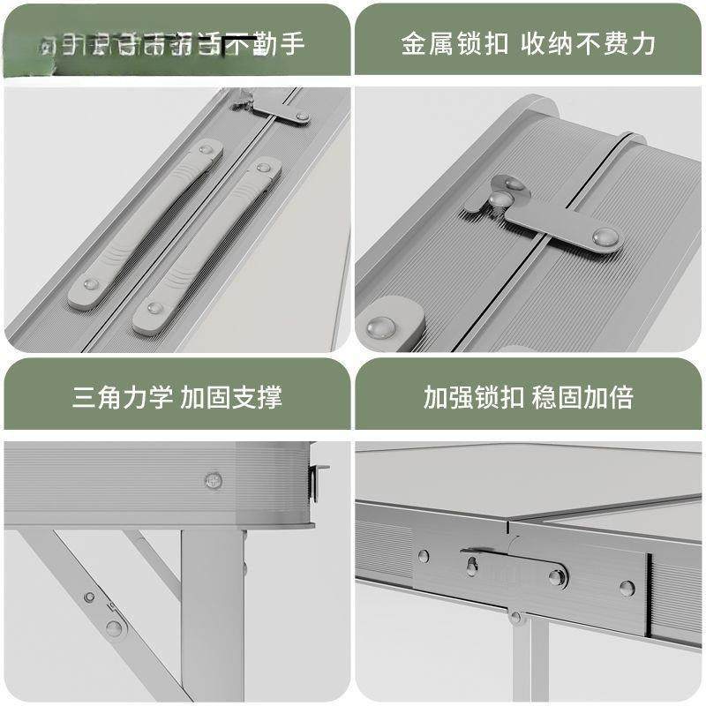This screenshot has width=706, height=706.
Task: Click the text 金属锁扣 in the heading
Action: pos(454,43)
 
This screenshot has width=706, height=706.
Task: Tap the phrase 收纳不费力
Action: pos(588,43)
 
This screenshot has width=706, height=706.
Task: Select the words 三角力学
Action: pos(124,396)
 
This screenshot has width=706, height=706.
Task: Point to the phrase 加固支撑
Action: pos(231,396)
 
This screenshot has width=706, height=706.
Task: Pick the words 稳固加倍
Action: pos(582,396)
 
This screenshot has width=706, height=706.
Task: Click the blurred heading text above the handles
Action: pos(172,42)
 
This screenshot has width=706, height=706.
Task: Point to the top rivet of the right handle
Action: pos(263,167)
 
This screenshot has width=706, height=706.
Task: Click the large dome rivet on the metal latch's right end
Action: pos(605,237)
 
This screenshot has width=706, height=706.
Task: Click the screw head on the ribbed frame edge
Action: pos(213,481)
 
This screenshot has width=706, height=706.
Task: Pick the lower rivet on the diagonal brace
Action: pos(114,627)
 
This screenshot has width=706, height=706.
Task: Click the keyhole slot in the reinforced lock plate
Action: pos(472,564)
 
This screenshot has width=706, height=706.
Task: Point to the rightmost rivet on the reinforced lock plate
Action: pos(626,587)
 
